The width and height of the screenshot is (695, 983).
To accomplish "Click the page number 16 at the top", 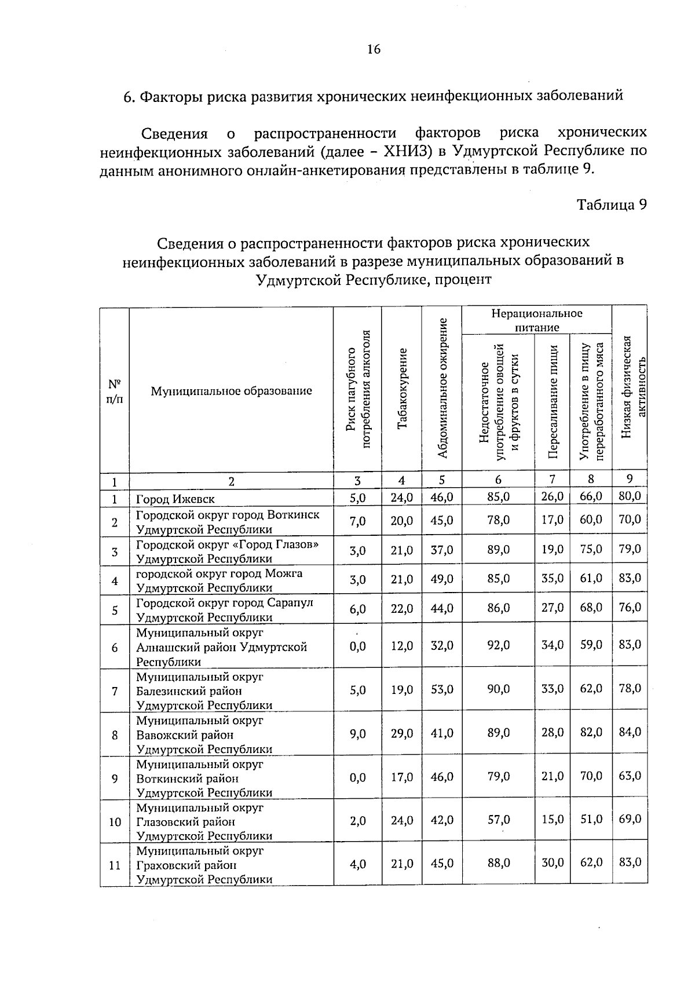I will pos(374,49).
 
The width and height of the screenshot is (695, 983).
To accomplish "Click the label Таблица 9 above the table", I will pos(611,204).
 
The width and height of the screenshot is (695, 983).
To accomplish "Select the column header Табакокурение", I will pos(402,389).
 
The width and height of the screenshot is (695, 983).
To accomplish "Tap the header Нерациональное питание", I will pos(536,320).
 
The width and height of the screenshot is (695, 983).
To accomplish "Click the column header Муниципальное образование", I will pos(231,391).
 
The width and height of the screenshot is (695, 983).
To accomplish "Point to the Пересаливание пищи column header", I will pos(553,401).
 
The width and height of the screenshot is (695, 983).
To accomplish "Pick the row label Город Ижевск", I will pos(175,499).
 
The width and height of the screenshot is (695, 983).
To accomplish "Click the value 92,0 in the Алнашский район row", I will pos(498,645).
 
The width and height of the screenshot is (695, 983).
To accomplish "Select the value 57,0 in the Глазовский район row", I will pos(498,820).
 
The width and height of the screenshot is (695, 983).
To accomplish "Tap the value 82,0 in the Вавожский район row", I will pos(591,732).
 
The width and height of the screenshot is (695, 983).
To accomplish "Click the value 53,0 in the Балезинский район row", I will pos(442,689).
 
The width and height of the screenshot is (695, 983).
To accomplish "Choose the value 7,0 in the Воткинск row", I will pos(357,521).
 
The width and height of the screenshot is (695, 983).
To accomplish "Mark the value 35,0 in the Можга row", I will pos(552,578).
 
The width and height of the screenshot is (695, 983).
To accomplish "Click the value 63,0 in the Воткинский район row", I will pos(630,776).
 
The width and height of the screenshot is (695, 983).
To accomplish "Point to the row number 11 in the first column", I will pos(115,865).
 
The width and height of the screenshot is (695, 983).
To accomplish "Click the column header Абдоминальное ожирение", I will pos(442,389).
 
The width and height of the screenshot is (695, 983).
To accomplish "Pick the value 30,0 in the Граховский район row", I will pos(552,863).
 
